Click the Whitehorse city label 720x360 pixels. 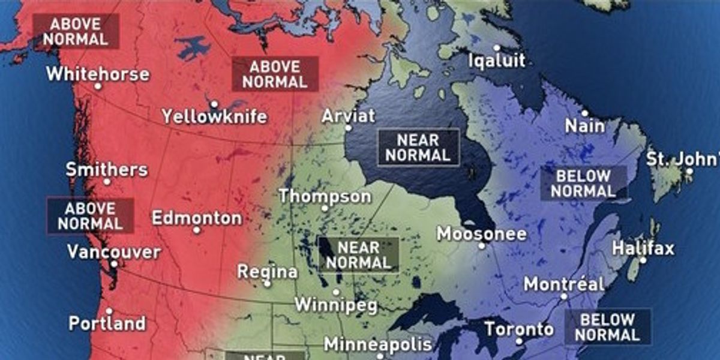98,74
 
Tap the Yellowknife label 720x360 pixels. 214,116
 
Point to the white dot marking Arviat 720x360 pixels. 349,128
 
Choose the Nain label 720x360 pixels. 585,127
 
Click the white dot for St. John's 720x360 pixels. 689,172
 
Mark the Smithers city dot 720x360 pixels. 107,181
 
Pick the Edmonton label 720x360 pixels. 197,218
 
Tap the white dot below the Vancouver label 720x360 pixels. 113,263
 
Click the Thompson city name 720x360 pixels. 325,196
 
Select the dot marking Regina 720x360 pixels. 268,283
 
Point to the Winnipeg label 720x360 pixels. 336,305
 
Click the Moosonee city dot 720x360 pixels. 481,245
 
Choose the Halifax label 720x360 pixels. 643,248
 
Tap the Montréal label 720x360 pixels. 564,284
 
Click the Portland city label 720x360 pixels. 107,324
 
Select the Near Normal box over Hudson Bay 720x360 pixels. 418,147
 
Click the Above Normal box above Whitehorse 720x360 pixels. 76,31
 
